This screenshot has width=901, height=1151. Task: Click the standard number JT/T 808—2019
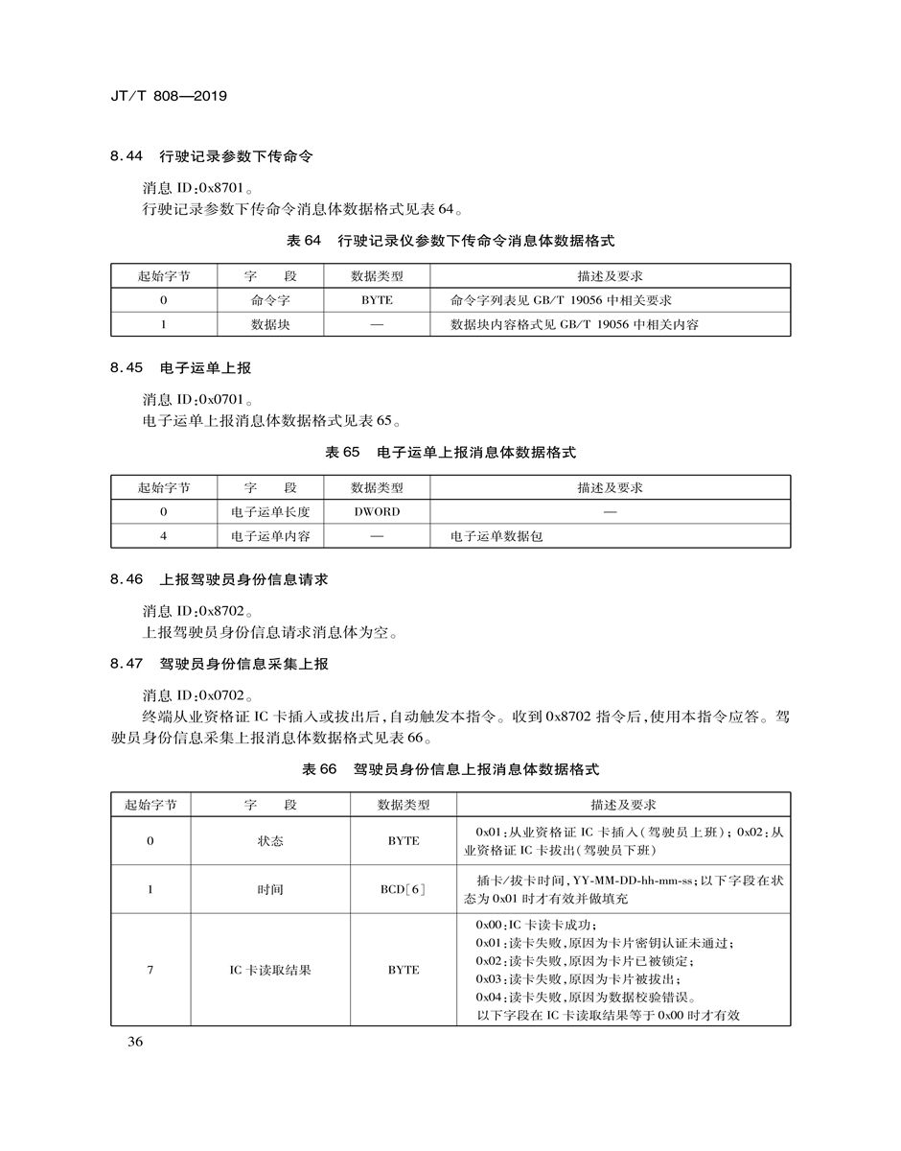coord(171,97)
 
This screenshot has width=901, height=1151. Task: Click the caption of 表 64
coord(450,241)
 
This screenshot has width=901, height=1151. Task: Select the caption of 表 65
coord(450,452)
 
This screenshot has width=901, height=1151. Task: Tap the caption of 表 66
coord(450,769)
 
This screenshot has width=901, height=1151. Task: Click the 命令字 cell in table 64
coord(270,300)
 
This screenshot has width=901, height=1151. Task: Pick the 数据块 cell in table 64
coord(270,324)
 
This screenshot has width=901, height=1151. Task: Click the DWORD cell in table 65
coord(377,511)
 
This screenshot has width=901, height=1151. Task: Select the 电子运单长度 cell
coord(270,511)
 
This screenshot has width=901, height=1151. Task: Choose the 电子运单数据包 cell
coord(497,536)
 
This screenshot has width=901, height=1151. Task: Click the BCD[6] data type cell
coord(403,889)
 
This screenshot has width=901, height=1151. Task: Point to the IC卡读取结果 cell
coord(270,970)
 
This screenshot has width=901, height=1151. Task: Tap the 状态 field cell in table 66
coord(270,840)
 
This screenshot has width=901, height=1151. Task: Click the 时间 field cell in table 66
coord(270,889)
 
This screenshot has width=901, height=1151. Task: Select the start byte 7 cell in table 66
coord(150,970)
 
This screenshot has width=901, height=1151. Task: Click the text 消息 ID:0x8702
coord(199,610)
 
